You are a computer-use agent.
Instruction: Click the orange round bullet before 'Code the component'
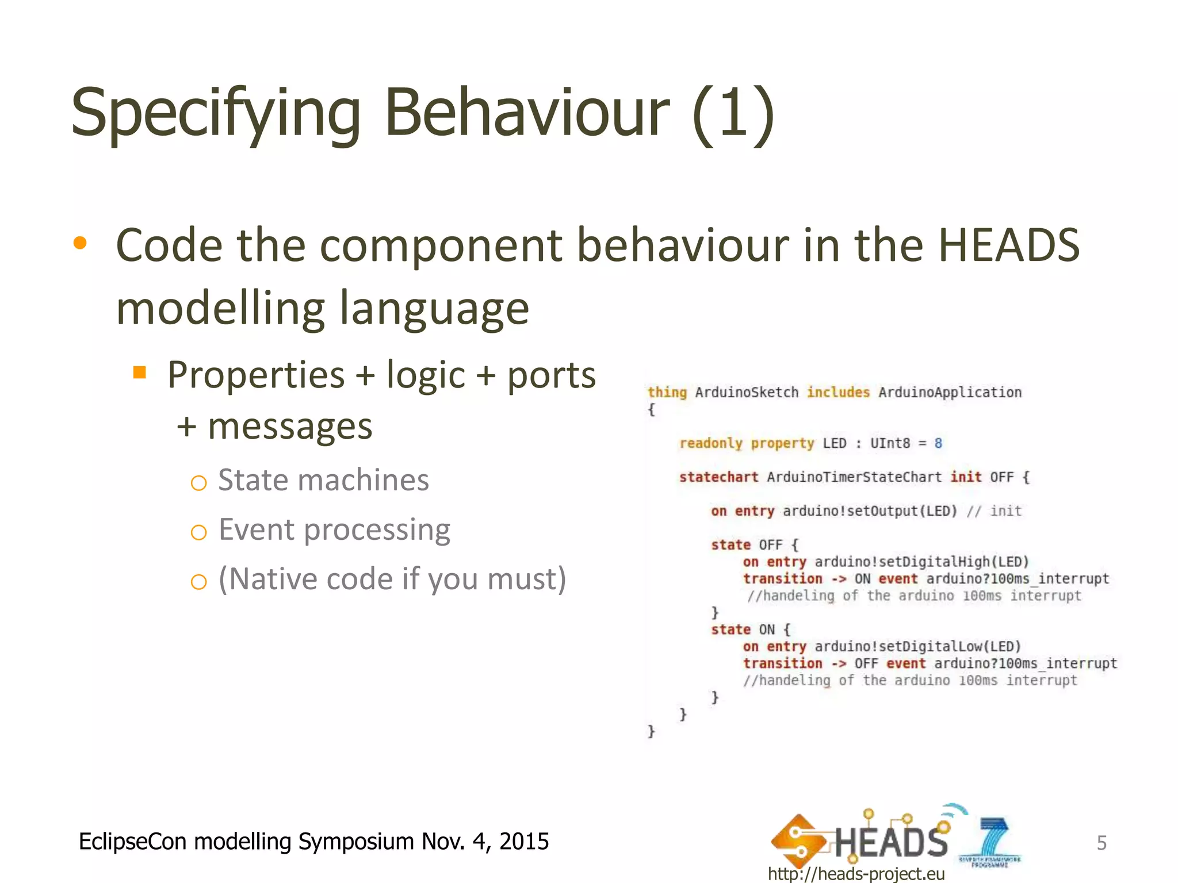pyautogui.click(x=80, y=243)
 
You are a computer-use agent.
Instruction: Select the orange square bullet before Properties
pyautogui.click(x=139, y=373)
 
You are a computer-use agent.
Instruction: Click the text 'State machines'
pyautogui.click(x=323, y=480)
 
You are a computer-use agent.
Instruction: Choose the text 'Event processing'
pyautogui.click(x=334, y=529)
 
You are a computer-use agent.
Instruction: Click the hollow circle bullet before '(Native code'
pyautogui.click(x=198, y=582)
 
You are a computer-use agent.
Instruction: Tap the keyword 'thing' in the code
pyautogui.click(x=667, y=392)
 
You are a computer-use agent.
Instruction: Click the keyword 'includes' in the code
pyautogui.click(x=838, y=392)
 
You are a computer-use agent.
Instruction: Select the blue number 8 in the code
pyautogui.click(x=938, y=443)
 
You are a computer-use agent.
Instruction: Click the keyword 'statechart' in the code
pyautogui.click(x=718, y=477)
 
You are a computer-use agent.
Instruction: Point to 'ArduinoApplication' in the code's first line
pyautogui.click(x=950, y=392)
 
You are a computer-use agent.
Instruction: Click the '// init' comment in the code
pyautogui.click(x=994, y=511)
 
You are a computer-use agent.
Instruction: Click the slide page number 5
pyautogui.click(x=1101, y=843)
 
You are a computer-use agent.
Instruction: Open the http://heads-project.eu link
pyautogui.click(x=856, y=874)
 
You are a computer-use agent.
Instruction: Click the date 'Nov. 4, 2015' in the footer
pyautogui.click(x=485, y=842)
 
